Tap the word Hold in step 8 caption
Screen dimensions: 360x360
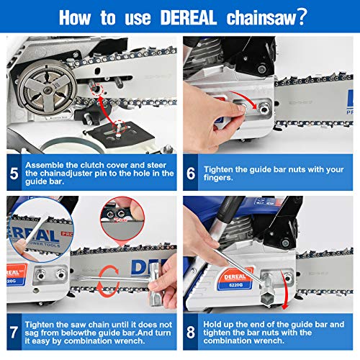coord(215,323)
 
